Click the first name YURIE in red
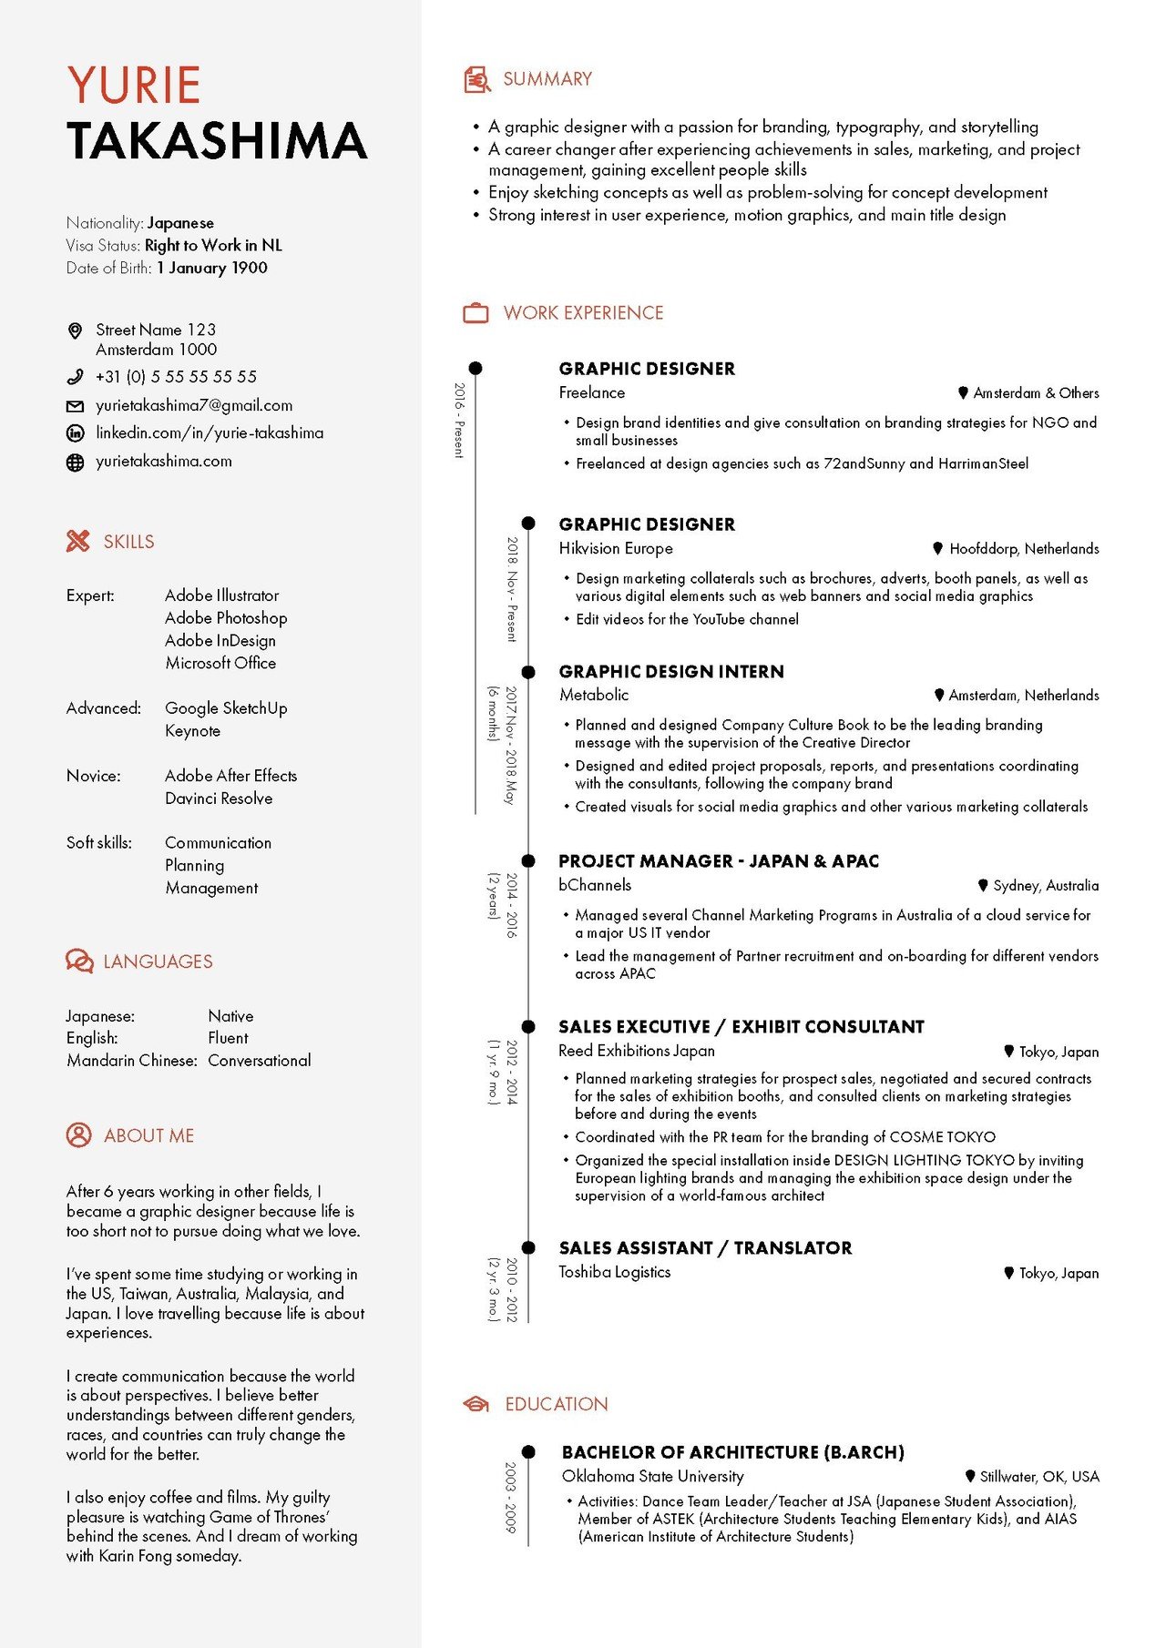[134, 86]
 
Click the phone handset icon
[76, 377]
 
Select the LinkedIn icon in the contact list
[76, 433]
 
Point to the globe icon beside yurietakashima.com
[76, 463]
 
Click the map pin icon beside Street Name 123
[76, 331]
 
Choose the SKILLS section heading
[128, 542]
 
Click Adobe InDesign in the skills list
[220, 640]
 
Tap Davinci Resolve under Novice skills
[219, 799]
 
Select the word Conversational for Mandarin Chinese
[260, 1061]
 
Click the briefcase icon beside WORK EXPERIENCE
[476, 313]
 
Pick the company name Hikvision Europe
[616, 548]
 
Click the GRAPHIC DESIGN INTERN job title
[671, 672]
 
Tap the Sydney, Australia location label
[1045, 886]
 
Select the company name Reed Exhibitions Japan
[637, 1051]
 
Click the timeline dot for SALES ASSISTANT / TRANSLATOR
[528, 1247]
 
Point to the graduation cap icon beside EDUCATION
[476, 1404]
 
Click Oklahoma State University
[652, 1476]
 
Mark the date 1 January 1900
[212, 268]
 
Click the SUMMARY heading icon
[476, 80]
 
